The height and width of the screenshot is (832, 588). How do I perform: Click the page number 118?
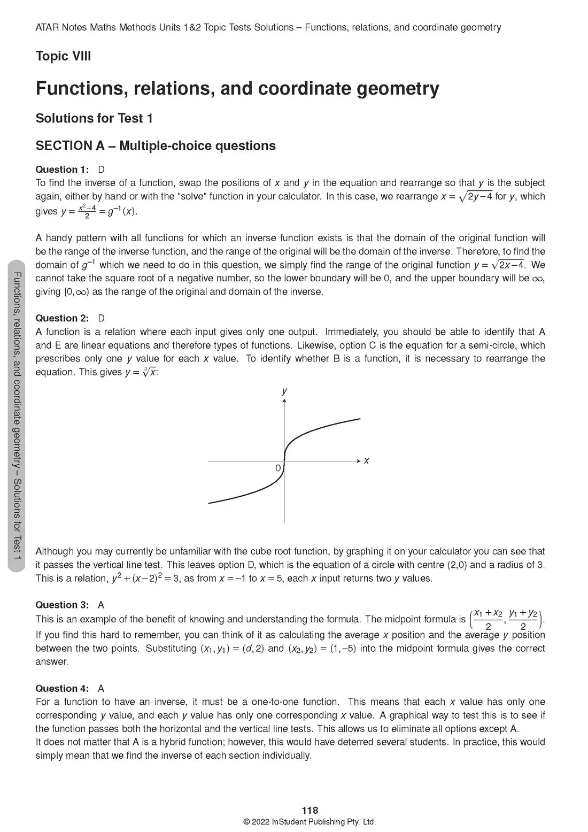click(310, 811)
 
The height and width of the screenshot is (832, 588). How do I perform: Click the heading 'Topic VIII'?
click(63, 56)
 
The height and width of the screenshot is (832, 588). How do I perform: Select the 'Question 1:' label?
click(62, 170)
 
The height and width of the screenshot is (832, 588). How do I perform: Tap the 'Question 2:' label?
click(62, 318)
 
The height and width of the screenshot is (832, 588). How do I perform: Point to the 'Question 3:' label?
click(62, 605)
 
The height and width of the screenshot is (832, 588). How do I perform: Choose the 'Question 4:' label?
click(62, 688)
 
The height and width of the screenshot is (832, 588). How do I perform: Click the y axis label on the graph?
click(284, 391)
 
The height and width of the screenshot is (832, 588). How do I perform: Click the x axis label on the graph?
click(366, 460)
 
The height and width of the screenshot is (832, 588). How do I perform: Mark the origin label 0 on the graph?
click(278, 468)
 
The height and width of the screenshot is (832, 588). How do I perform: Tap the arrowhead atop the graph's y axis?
click(284, 400)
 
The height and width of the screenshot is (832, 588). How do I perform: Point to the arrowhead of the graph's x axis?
click(358, 460)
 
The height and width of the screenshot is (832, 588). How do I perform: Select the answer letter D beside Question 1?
click(102, 170)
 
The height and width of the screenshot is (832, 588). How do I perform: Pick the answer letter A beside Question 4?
click(102, 688)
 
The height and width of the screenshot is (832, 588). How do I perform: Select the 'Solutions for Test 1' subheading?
click(94, 118)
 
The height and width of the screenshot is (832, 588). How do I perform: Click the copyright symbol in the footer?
click(246, 822)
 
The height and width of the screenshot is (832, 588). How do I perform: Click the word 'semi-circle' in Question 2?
click(492, 345)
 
